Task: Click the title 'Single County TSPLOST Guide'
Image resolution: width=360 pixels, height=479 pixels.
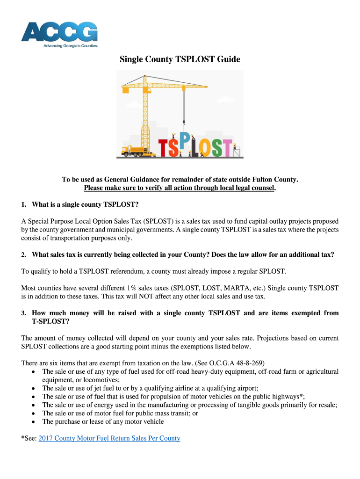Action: pos(180,59)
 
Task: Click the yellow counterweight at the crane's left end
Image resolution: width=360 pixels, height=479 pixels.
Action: pos(125,85)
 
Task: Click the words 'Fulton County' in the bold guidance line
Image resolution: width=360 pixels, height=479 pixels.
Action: pos(276,180)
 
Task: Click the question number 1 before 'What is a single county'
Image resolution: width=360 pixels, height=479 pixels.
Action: pos(24,204)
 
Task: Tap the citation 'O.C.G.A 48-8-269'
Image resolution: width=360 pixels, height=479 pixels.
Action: pos(235,363)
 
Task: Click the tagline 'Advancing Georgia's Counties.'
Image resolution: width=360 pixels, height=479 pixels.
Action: pos(71,46)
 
